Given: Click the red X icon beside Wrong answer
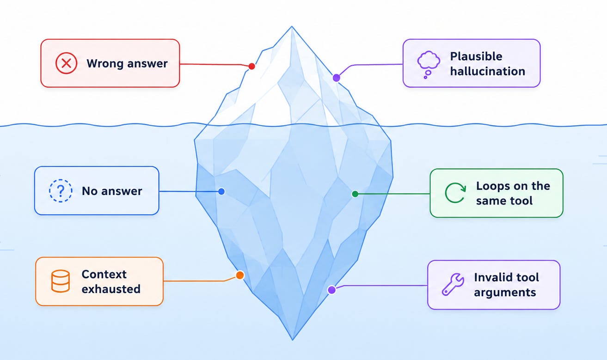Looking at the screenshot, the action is (67, 63).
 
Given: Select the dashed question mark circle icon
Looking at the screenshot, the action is (61, 191).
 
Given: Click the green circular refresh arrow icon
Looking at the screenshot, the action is (455, 193).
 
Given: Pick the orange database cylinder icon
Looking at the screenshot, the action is (61, 281).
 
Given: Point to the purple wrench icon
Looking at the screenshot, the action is (453, 284).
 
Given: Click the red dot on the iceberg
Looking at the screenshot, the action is (251, 67).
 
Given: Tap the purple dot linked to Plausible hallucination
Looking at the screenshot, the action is (336, 78).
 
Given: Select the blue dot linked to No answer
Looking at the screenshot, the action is (221, 191).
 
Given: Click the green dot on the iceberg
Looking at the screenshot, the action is (355, 194).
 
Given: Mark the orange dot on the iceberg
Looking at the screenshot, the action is (240, 275).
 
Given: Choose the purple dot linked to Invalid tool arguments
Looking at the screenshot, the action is (331, 290).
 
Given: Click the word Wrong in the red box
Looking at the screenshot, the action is (105, 64).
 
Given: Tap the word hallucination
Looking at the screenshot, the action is (488, 71).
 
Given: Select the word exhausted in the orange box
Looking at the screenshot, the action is (111, 289).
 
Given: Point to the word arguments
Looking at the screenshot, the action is (505, 293).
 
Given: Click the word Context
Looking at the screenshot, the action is (104, 275).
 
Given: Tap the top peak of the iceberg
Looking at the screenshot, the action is (292, 26).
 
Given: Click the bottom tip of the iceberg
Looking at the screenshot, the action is (292, 340).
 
